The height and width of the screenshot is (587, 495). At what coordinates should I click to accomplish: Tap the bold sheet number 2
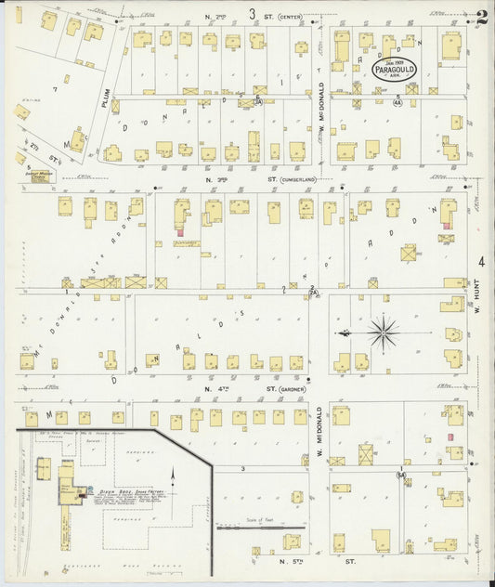pos(481,15)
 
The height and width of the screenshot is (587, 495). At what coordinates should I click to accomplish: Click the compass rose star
pos(382,331)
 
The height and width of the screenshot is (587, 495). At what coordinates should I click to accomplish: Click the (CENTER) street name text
pos(290,16)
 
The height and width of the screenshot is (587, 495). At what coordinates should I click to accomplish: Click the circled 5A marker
pos(400,475)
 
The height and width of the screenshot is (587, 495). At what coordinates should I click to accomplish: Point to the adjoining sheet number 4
pos(481,262)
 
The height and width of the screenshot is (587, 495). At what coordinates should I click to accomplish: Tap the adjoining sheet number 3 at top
pos(252,13)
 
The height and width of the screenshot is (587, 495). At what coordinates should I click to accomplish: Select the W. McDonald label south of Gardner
pos(318,435)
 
